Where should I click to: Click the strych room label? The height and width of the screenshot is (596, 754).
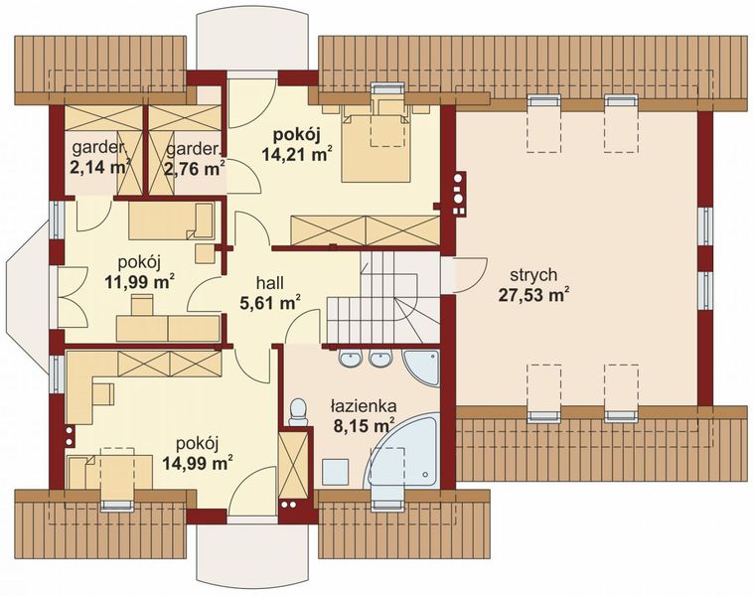pos(533,275)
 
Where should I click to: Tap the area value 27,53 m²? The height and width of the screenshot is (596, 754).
pos(531,295)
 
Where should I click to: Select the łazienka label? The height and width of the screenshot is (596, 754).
pos(363,406)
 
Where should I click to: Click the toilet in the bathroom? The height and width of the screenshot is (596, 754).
pos(298,412)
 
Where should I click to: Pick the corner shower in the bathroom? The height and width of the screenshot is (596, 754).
pos(422,368)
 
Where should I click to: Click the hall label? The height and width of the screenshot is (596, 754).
pos(270,283)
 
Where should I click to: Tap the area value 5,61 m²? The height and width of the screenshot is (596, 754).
pos(270,301)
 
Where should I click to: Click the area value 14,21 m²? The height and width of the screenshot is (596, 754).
pos(297,154)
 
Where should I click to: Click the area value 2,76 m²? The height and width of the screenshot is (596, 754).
pos(195,169)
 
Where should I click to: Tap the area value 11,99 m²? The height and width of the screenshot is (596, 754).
pos(139,282)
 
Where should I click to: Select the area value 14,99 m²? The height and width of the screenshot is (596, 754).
pos(198,463)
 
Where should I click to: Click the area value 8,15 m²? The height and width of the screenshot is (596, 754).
pos(363,425)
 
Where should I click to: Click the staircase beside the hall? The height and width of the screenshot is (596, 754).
pos(384,298)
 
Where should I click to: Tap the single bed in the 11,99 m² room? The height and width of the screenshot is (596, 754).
pos(171,221)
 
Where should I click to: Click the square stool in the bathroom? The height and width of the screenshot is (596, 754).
pos(335,472)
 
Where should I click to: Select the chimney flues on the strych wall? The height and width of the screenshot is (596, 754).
pos(459,194)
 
